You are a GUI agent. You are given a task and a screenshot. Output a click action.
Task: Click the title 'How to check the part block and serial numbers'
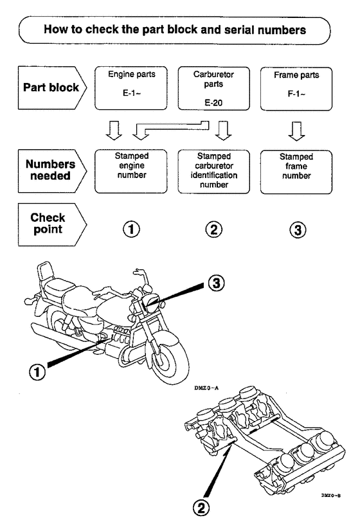tap(174, 30)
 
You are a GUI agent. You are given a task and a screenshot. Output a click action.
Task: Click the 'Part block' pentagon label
tap(52, 87)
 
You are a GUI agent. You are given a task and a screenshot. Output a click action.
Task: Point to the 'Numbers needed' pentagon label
tap(52, 171)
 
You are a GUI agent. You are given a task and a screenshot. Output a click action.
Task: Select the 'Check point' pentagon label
tap(52, 224)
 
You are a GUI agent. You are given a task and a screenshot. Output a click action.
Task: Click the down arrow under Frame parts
tap(296, 131)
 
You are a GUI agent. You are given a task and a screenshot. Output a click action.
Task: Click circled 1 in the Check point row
tap(131, 229)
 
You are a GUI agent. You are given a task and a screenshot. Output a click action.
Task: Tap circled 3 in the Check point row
tap(298, 230)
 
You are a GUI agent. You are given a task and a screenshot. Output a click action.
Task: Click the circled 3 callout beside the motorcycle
tap(216, 283)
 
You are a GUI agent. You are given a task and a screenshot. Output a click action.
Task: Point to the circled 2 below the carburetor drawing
tap(201, 508)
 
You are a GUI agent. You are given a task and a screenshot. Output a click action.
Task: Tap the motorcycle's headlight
tap(151, 300)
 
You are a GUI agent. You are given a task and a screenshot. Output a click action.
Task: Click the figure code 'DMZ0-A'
tap(206, 388)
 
